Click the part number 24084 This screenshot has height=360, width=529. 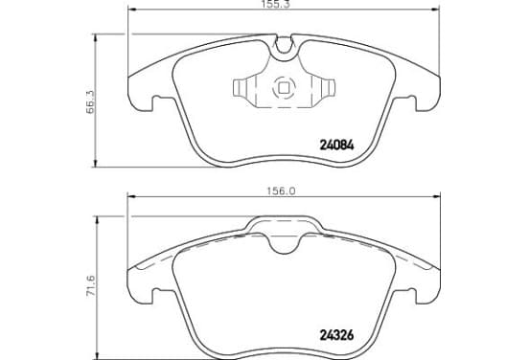(336, 146)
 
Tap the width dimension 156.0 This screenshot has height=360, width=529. (282, 191)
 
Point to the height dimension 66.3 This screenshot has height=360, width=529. (91, 101)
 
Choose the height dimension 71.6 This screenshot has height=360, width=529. (91, 286)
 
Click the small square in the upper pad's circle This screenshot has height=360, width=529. (284, 88)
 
